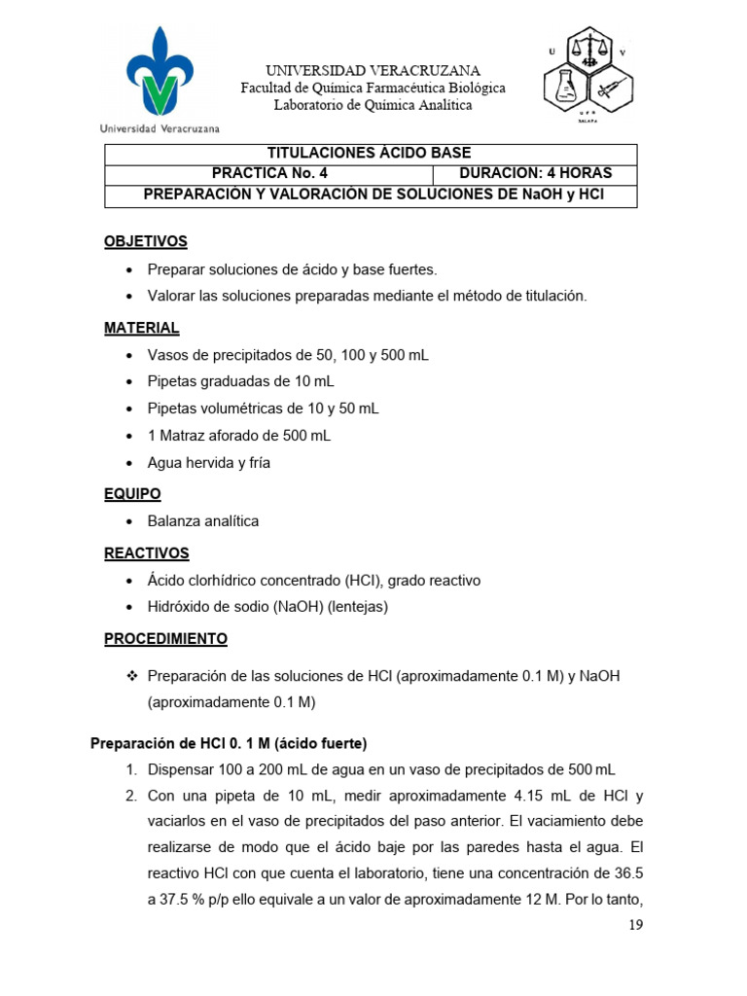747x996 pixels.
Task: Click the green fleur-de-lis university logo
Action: point(159,73)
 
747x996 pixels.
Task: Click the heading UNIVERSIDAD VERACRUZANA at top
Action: point(373,71)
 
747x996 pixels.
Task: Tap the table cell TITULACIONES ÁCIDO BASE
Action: point(370,154)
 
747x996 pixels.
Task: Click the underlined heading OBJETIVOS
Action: point(146,241)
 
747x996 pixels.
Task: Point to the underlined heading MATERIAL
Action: point(142,328)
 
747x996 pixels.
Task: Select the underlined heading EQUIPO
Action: point(132,494)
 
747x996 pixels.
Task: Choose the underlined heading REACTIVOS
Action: point(147,553)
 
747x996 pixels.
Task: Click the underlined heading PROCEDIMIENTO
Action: point(165,639)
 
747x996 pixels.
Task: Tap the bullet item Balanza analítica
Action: point(203,521)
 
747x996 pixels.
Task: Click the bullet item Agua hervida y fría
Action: point(209,463)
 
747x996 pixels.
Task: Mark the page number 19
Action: point(635,924)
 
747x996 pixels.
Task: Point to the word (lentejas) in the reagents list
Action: point(359,607)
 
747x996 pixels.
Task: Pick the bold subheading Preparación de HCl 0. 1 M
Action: point(228,744)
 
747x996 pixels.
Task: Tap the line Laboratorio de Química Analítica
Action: point(373,105)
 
